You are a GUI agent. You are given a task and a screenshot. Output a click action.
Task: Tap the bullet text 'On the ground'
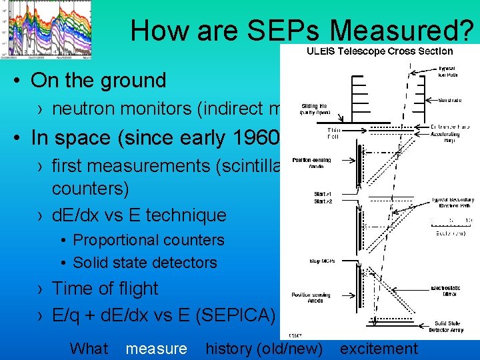coord(98,81)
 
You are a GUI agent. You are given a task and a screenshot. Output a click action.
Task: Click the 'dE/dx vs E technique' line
coord(139,215)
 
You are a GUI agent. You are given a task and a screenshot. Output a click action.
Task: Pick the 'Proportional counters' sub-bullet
coord(148,240)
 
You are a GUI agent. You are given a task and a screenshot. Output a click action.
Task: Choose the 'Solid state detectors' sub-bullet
coord(145,263)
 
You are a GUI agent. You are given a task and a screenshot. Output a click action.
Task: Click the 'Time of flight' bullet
coord(105,289)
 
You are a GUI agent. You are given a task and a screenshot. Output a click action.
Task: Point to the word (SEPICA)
coord(235,313)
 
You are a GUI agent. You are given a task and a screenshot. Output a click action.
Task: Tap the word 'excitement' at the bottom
coord(379,348)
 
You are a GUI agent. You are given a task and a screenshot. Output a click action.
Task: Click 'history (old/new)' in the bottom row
coord(264,348)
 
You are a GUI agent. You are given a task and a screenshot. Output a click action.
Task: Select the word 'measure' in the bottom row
coord(156,348)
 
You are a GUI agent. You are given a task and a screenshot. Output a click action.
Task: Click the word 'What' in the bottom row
coord(89,348)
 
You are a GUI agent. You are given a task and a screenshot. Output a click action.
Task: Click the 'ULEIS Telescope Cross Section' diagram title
coord(379,51)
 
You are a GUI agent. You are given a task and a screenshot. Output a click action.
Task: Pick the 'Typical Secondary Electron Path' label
coord(453,203)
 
